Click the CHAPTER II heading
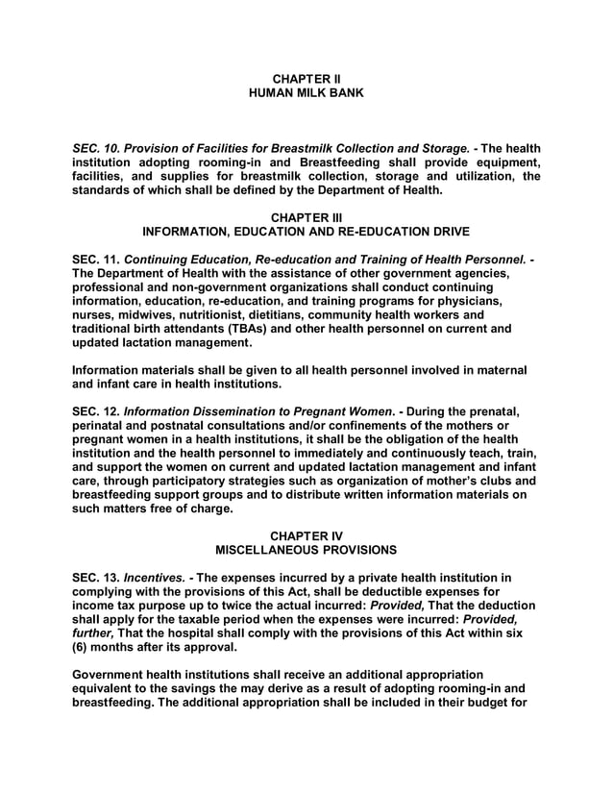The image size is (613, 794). coord(306,78)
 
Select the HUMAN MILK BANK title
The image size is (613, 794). coord(306,92)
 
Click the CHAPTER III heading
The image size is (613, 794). coord(306,217)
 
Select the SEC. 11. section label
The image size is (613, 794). coord(96,260)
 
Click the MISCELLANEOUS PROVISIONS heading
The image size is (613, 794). coord(306,550)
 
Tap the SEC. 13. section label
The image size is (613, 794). coord(96,578)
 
